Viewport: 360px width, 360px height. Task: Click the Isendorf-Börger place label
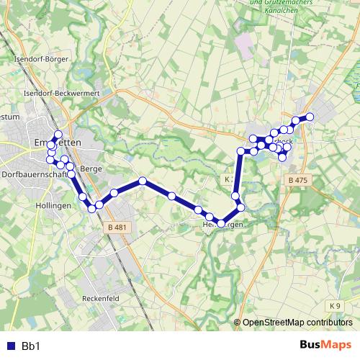[x=36, y=59]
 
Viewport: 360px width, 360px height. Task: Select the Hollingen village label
[x=51, y=205]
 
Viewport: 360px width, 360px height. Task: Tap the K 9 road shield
[x=335, y=306]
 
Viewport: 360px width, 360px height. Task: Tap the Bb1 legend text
[x=30, y=346]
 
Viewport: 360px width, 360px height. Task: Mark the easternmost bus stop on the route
[x=310, y=117]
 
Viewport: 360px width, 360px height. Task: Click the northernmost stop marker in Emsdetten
[x=58, y=134]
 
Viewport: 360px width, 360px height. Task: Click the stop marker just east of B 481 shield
[x=99, y=205]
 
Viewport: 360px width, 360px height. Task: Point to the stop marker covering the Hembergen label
[x=221, y=222]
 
